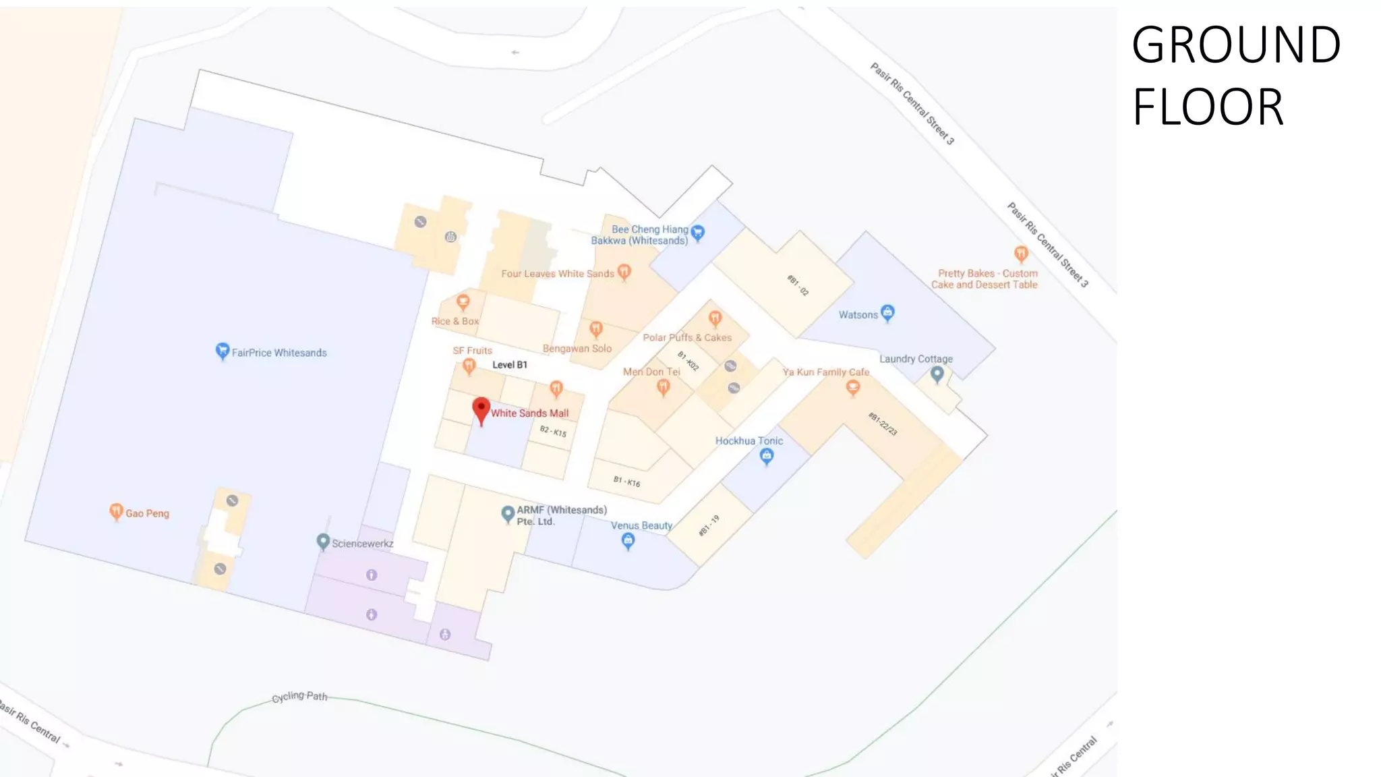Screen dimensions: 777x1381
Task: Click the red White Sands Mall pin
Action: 481,409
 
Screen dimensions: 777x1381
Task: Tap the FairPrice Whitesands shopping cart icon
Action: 222,351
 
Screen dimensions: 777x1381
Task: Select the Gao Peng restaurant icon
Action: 116,512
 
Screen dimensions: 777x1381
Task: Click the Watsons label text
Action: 858,315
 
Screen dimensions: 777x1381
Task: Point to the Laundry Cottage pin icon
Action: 937,374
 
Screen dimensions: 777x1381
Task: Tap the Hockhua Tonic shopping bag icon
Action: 766,457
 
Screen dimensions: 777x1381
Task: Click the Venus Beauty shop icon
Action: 628,540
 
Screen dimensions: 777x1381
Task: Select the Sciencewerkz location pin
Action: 323,542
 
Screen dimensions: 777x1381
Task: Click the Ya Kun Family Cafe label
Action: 825,372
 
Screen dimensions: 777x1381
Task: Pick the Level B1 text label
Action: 510,365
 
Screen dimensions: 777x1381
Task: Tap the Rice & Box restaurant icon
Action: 463,301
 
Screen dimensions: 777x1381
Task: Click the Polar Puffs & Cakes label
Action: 687,337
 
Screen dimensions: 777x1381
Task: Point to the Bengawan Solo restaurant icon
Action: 595,329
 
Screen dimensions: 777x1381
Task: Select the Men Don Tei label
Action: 651,372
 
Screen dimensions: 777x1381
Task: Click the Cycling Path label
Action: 299,696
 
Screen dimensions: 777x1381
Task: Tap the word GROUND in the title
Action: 1236,45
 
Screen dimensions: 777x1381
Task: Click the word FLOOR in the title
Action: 1208,107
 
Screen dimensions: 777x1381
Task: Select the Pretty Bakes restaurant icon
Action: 1021,254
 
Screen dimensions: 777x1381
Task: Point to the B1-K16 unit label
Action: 626,481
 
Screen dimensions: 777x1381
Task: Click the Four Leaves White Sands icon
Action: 624,272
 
